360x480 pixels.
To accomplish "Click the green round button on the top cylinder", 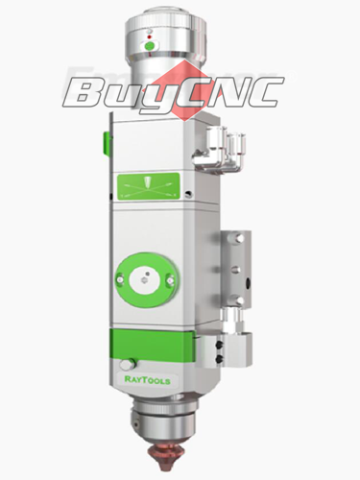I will point(148,44).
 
